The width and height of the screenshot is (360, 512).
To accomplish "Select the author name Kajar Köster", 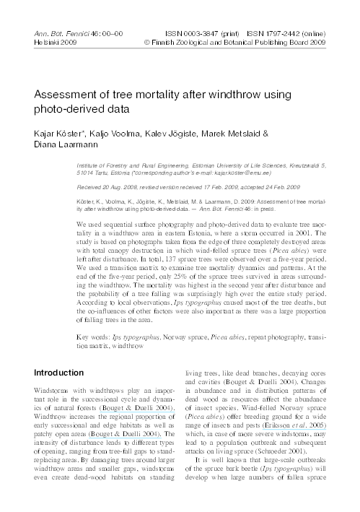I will (60, 133).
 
